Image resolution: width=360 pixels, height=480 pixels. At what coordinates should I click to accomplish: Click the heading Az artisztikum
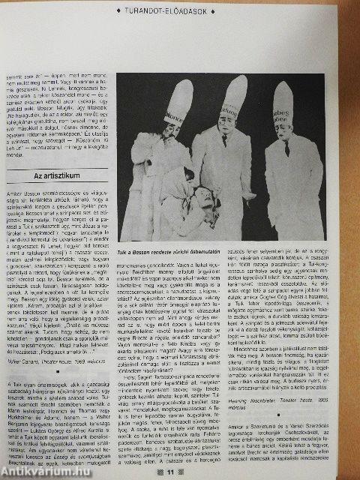coord(57,177)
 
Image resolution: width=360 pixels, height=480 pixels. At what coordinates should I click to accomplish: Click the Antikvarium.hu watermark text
coord(45,470)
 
